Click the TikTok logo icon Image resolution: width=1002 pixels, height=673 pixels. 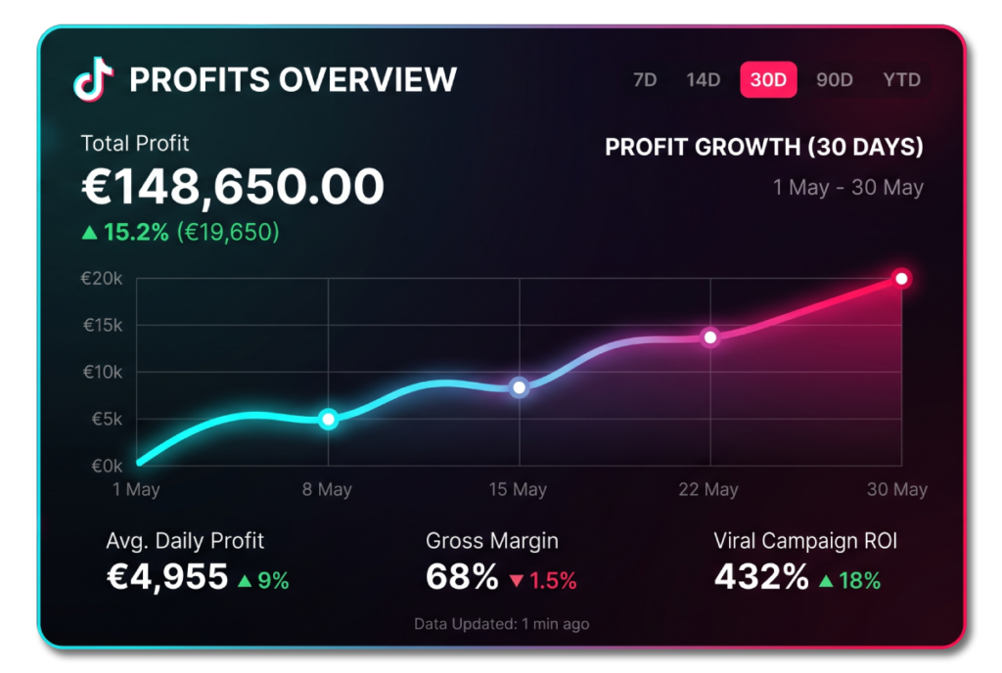click(x=93, y=79)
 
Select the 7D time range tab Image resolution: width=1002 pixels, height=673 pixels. click(x=645, y=80)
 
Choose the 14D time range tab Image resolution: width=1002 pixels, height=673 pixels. click(x=703, y=80)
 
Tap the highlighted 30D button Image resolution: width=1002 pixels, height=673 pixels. click(x=768, y=80)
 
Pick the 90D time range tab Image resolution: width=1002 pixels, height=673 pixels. click(x=834, y=80)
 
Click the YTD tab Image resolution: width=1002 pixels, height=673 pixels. click(x=901, y=80)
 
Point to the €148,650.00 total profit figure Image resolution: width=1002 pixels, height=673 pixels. click(x=233, y=187)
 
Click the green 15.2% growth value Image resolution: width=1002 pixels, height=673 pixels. click(x=136, y=232)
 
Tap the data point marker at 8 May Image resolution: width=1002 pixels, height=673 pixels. click(x=328, y=420)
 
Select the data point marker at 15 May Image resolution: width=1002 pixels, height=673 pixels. click(x=520, y=387)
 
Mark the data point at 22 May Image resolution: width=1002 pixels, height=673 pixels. click(x=710, y=337)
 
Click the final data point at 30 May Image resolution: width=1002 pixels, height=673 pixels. click(x=901, y=279)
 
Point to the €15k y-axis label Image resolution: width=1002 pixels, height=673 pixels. click(x=102, y=326)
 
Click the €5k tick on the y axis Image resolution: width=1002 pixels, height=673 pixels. click(x=107, y=419)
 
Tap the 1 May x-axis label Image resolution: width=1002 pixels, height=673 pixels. click(x=136, y=490)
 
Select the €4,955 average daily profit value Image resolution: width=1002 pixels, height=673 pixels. click(x=167, y=577)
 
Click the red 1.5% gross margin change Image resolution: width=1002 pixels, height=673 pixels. click(x=553, y=581)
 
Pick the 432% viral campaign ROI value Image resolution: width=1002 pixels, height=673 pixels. click(x=761, y=577)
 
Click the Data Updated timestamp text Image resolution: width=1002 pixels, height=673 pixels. click(x=502, y=624)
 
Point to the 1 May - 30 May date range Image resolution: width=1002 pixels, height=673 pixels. click(x=848, y=188)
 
